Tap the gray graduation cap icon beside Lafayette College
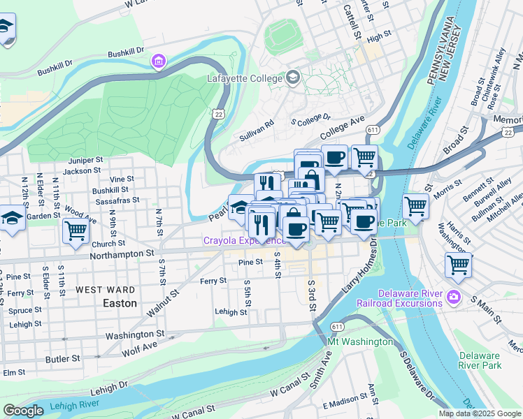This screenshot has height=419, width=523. (x=293, y=78)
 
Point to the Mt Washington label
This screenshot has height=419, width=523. (x=359, y=341)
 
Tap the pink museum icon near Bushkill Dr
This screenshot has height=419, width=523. (x=159, y=62)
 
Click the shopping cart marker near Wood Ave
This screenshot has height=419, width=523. (x=76, y=231)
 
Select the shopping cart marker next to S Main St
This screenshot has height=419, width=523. (x=459, y=265)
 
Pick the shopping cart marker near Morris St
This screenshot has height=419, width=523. (x=415, y=207)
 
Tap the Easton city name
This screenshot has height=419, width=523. (x=120, y=303)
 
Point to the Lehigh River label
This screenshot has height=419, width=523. (x=75, y=404)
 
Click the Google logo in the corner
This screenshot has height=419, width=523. (x=22, y=411)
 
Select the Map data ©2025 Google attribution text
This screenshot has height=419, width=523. (x=480, y=413)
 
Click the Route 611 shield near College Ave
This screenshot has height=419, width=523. (x=373, y=130)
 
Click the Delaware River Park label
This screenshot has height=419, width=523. (x=480, y=360)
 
